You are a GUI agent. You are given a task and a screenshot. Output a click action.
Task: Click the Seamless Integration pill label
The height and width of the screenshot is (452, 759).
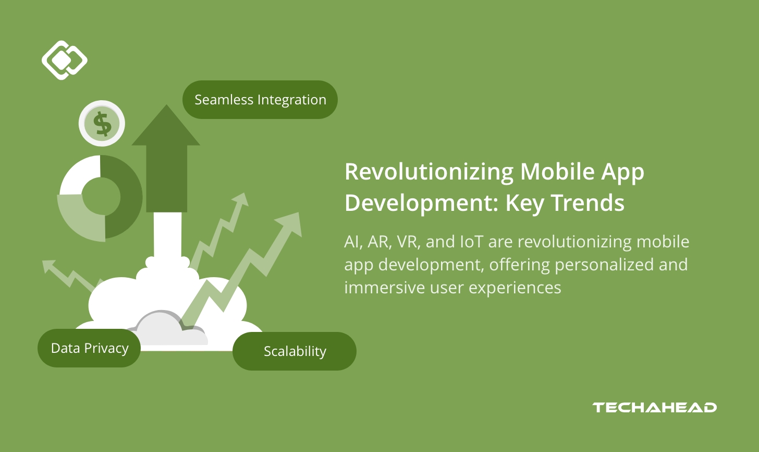[x=260, y=100]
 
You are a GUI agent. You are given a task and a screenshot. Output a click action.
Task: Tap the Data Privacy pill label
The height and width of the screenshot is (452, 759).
[x=89, y=348]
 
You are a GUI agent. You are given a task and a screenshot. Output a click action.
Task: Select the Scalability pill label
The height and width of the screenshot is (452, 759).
[x=295, y=351]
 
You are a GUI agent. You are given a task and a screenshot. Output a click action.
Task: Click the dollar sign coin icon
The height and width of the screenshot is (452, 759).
[x=102, y=124]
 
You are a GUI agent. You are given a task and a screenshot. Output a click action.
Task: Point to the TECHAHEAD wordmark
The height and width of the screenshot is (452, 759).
[x=654, y=408]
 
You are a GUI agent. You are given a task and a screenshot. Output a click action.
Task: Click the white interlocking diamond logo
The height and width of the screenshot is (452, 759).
[x=64, y=60]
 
